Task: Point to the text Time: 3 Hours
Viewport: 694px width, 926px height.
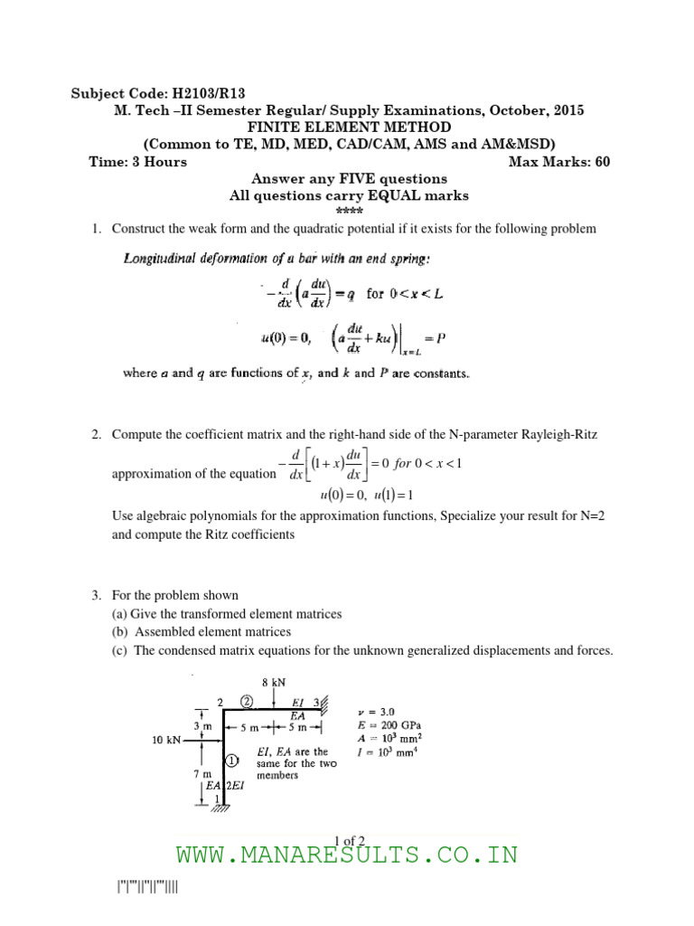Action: pos(138,162)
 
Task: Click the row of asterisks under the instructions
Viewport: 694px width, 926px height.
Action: pos(349,211)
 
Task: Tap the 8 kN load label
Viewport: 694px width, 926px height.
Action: pos(274,683)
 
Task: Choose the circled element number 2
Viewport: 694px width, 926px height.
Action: pos(246,701)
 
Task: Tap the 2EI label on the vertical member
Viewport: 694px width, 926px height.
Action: pos(233,787)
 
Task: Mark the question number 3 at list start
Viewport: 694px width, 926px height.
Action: pos(96,596)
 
